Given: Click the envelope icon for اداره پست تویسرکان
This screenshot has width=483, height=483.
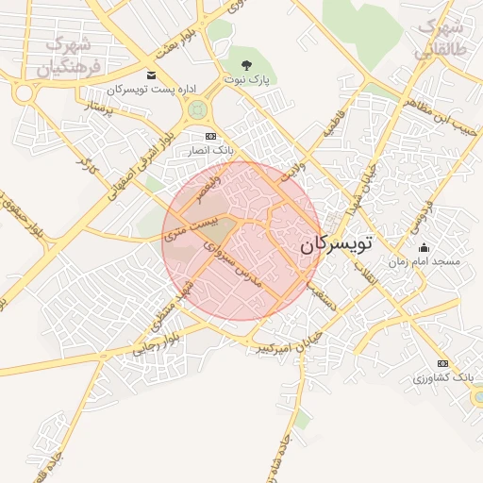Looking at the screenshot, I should (150, 75).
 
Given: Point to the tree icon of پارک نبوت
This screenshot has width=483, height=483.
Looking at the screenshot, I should (246, 65).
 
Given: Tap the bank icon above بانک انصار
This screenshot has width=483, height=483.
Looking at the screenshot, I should (210, 137).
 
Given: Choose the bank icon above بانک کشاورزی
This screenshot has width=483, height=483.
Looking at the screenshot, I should (442, 364).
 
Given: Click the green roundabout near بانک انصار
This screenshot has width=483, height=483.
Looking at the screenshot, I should (196, 109).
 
